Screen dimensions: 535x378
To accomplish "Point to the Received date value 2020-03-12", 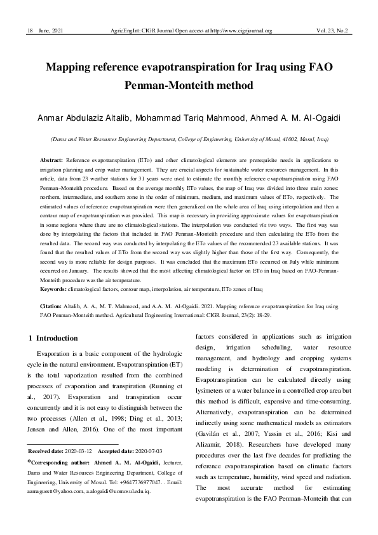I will (78, 450).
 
